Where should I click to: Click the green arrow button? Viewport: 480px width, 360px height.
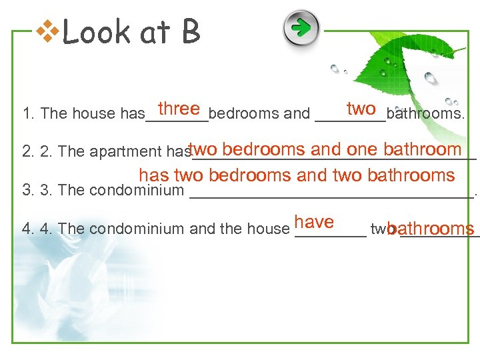(x=301, y=28)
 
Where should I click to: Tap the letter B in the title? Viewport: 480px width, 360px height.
(x=190, y=32)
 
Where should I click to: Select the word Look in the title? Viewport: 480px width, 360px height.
(x=94, y=32)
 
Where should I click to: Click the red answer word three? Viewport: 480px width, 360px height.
(x=179, y=109)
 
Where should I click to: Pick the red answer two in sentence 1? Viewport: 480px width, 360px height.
(x=361, y=108)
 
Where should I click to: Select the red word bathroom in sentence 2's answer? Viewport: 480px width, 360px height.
(x=423, y=149)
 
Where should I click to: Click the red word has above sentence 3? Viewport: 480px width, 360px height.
(x=154, y=176)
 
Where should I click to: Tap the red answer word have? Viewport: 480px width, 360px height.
(x=313, y=222)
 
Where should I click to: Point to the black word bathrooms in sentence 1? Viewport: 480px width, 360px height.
(x=425, y=114)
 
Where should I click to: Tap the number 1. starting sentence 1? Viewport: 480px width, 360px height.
(x=28, y=114)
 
